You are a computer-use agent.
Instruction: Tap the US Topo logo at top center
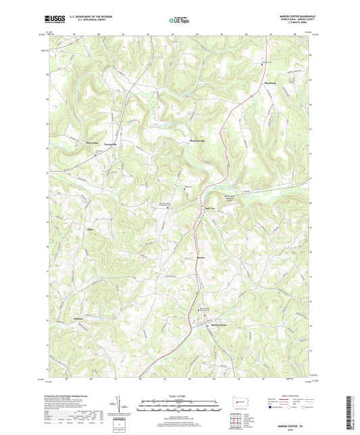[179, 21]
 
